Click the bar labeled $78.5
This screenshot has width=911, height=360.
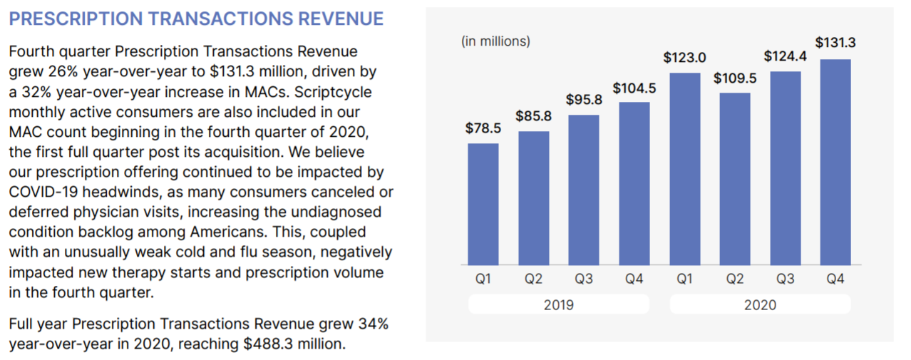(483, 204)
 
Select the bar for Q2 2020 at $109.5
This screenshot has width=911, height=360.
(735, 179)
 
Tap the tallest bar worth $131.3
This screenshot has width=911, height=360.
(835, 162)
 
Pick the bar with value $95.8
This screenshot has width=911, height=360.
(584, 190)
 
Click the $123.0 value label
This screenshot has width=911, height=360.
(684, 57)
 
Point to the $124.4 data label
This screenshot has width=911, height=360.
(785, 56)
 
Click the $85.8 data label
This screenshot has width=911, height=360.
(534, 116)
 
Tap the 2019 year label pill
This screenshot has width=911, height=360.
(558, 305)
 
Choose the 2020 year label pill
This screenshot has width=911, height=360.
(760, 305)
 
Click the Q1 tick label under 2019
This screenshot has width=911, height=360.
(483, 279)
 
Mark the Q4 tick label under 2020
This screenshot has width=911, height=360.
(835, 279)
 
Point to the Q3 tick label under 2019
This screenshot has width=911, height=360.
(584, 279)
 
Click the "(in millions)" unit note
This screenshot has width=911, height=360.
(495, 41)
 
